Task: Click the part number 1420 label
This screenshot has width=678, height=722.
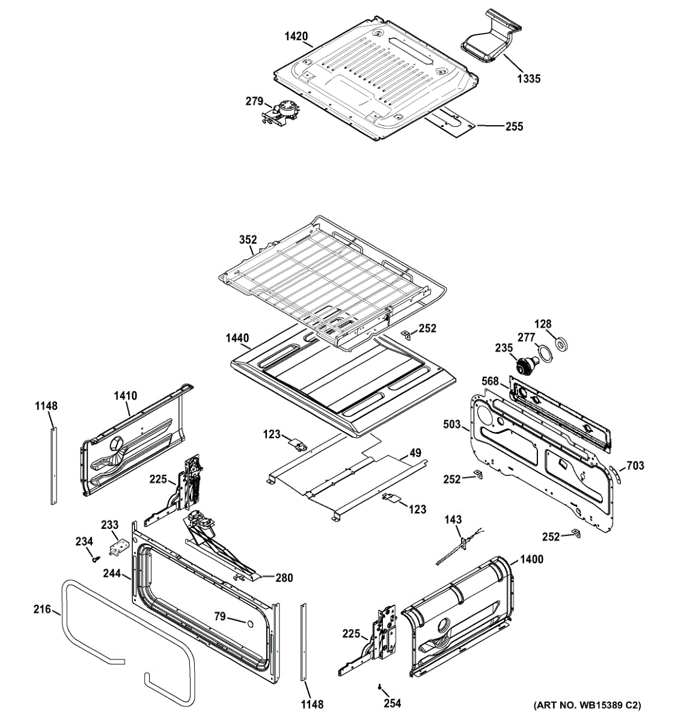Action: (296, 37)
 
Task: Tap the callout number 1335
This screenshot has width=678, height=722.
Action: (528, 78)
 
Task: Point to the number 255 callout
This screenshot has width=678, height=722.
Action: (514, 126)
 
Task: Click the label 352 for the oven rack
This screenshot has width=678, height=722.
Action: (248, 239)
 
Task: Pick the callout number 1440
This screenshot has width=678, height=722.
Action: (237, 338)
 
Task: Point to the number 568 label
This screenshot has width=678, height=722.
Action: (490, 381)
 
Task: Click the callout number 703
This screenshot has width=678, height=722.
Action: (635, 465)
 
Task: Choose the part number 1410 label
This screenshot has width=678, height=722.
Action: (126, 396)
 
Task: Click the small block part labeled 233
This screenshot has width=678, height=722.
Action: (118, 546)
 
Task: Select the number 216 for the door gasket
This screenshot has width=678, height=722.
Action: (41, 609)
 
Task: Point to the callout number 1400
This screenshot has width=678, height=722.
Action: (531, 560)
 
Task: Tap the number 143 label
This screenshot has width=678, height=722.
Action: (453, 519)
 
